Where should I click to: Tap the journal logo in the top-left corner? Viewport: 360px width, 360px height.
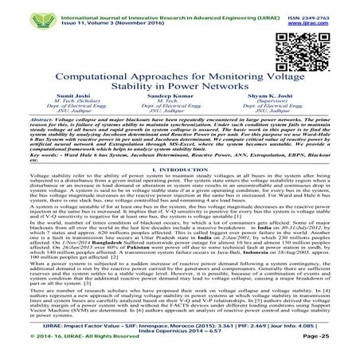18,14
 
